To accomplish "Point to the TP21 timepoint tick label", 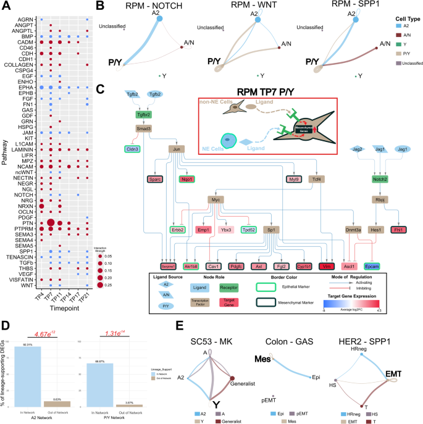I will (89, 299).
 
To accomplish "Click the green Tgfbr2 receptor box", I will (143, 114).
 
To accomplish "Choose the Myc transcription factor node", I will (216, 201).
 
